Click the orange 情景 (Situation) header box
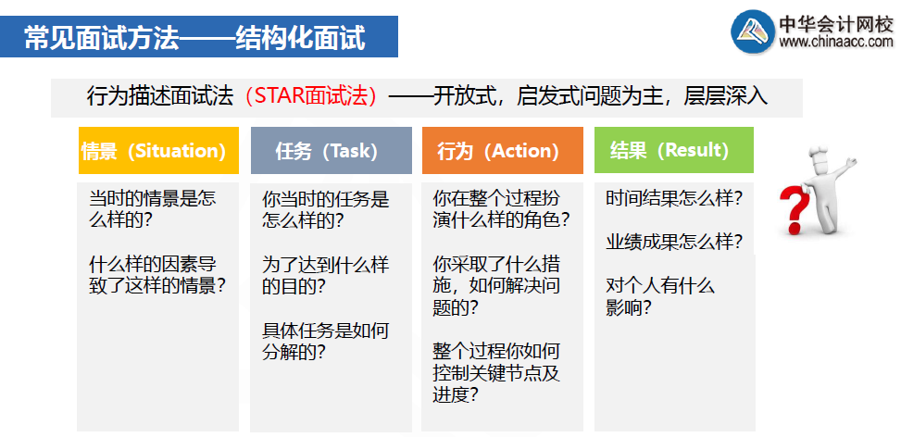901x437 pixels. [x=153, y=151]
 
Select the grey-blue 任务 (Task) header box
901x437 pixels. [x=331, y=151]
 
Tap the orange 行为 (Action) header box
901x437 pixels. [x=502, y=151]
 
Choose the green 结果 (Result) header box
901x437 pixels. [x=673, y=150]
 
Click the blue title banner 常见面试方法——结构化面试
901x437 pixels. [x=199, y=37]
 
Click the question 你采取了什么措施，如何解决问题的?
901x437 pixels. [x=496, y=285]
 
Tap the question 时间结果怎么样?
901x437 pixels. [x=674, y=198]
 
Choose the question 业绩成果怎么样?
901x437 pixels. [x=674, y=243]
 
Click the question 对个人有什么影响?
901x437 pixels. [x=659, y=296]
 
